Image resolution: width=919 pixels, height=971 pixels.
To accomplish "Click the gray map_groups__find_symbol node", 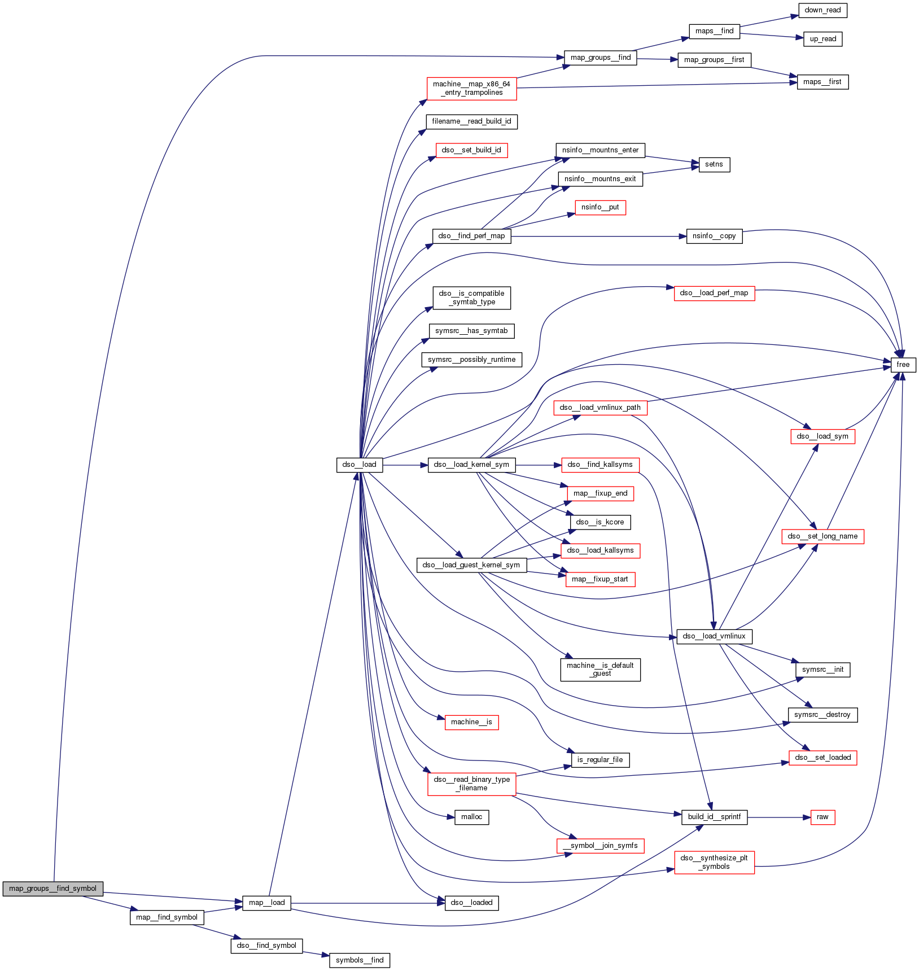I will click(x=52, y=888).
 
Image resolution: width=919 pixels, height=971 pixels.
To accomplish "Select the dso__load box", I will click(x=359, y=465).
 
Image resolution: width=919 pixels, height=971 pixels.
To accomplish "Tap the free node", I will click(x=903, y=365).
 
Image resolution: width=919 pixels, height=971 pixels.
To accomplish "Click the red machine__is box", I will click(x=471, y=722).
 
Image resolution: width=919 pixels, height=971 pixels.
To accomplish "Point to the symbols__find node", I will click(x=359, y=960).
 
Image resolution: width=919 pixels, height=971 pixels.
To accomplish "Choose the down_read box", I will click(x=822, y=10).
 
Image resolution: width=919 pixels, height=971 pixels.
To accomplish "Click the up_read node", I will click(x=822, y=39).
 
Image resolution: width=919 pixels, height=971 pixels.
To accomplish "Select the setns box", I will click(x=714, y=164).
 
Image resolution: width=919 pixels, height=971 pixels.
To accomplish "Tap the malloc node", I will click(x=471, y=817).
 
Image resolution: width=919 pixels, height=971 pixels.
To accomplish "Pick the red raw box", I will click(x=822, y=817).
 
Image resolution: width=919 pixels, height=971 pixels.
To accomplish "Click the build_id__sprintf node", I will click(x=714, y=817).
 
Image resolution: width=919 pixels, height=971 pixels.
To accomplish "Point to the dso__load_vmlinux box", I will click(x=714, y=636).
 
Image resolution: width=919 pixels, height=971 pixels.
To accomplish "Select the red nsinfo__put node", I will click(x=600, y=207).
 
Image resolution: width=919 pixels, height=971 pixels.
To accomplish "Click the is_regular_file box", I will click(x=600, y=760).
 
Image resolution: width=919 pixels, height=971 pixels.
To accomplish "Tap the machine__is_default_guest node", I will click(x=600, y=670).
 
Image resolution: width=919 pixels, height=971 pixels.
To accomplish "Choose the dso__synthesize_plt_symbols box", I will click(x=714, y=862).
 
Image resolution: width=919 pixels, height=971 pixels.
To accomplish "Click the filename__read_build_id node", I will click(x=471, y=121).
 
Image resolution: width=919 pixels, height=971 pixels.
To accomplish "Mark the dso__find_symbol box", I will click(x=266, y=946).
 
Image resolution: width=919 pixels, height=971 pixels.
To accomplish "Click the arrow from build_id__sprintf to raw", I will click(x=778, y=817).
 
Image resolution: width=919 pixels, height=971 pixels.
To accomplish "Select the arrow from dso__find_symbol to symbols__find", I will click(x=316, y=953).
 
